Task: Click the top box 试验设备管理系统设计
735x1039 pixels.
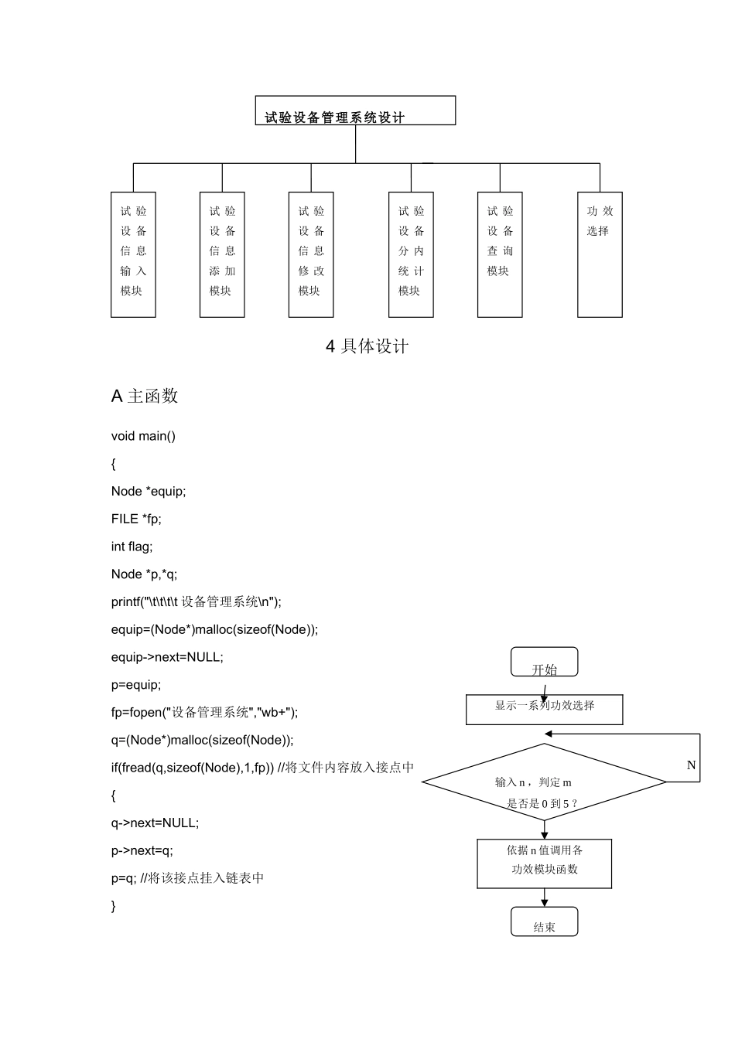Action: click(355, 111)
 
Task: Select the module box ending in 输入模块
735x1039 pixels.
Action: click(133, 254)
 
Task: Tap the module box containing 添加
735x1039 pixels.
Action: click(222, 254)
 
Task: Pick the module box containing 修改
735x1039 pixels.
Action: click(311, 254)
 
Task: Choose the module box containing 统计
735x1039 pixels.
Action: click(411, 254)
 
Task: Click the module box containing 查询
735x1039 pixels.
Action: click(500, 254)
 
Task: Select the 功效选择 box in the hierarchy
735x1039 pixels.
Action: click(600, 254)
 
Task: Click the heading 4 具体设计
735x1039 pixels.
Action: click(367, 346)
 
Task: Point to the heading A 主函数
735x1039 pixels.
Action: click(145, 396)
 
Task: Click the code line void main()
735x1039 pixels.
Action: click(143, 436)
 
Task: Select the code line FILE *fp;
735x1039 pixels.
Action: click(136, 519)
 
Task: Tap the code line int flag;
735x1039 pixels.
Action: click(132, 547)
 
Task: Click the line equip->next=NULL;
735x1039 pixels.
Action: click(167, 657)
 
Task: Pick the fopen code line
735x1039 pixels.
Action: click(204, 712)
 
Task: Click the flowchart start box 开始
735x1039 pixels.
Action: click(544, 663)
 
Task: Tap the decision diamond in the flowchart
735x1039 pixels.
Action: click(544, 782)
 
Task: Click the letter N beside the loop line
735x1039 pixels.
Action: click(691, 765)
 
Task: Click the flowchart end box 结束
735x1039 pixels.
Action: click(544, 922)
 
